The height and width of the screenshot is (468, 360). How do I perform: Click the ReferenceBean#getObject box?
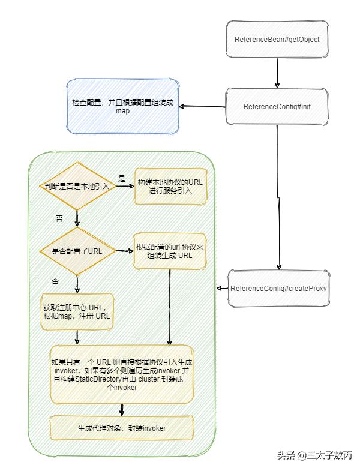click(x=277, y=40)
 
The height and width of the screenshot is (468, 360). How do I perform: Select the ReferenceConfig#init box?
click(x=277, y=106)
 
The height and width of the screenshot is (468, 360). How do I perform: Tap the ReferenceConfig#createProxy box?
click(x=278, y=287)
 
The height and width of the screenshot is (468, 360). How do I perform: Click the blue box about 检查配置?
click(x=122, y=106)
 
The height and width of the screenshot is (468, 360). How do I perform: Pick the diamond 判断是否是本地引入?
click(x=76, y=186)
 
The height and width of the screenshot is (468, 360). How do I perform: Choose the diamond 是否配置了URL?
click(x=76, y=251)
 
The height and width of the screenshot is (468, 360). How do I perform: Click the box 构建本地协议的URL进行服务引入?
click(x=170, y=186)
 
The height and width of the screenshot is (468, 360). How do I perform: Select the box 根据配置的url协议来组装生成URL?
click(x=170, y=251)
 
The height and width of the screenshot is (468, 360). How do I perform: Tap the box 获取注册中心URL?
click(x=77, y=311)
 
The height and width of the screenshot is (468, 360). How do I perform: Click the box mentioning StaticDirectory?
click(x=122, y=375)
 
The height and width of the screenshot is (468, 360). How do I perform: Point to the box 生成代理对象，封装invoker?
click(x=122, y=428)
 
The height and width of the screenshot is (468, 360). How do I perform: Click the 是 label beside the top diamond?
click(x=122, y=178)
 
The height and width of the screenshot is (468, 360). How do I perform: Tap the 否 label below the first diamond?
click(x=59, y=218)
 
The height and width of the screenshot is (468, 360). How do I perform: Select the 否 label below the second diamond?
click(x=55, y=280)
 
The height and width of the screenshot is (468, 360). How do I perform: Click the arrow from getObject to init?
click(x=277, y=72)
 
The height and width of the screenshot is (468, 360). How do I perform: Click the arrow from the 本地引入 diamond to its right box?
click(x=124, y=187)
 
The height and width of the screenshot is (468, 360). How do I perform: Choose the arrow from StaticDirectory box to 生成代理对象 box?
click(x=122, y=409)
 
